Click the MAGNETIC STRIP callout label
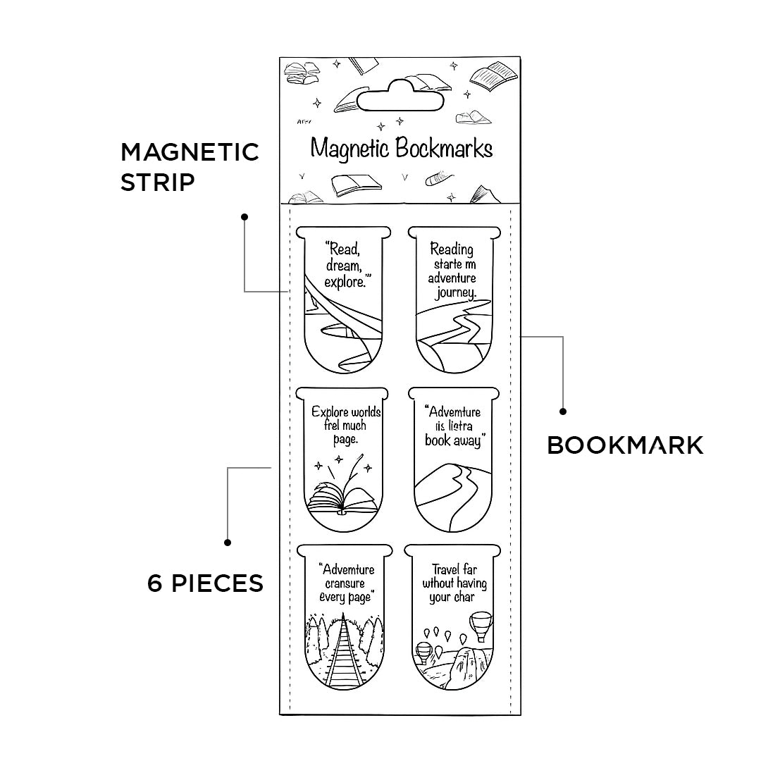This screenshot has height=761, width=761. point(190,166)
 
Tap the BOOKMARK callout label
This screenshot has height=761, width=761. point(625,445)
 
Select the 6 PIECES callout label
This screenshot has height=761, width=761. point(205,583)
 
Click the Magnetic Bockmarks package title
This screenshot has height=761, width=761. point(401,149)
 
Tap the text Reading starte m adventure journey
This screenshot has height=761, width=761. point(452,270)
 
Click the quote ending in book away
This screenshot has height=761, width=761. point(454,426)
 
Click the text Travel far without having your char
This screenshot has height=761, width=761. point(454,583)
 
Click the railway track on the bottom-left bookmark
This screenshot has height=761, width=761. point(344,652)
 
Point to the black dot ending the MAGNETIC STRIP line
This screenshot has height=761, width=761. point(245,216)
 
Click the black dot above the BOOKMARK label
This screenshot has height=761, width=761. point(562,411)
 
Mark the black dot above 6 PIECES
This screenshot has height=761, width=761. point(228,542)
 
